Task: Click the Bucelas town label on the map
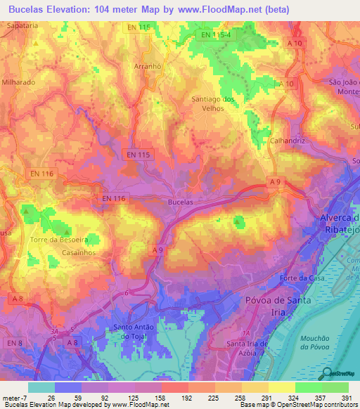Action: (181, 202)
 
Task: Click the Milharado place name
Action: (19, 82)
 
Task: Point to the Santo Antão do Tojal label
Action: (138, 331)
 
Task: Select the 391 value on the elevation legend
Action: (348, 398)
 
